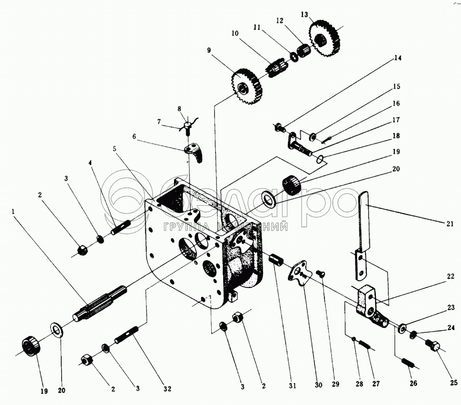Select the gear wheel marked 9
(247, 87)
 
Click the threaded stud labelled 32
(127, 336)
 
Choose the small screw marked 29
(322, 275)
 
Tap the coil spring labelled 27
(366, 345)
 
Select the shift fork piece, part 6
(194, 151)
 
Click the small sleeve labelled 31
(276, 259)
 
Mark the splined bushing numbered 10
(276, 69)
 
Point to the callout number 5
(114, 149)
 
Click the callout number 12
(280, 20)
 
